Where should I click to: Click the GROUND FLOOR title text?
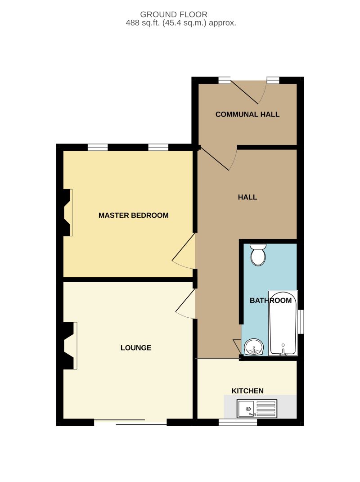(180, 14)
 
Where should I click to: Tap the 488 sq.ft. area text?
(180, 23)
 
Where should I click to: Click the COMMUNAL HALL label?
(247, 114)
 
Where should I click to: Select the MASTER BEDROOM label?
(133, 215)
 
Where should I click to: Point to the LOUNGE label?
(136, 348)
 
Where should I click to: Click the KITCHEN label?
(247, 391)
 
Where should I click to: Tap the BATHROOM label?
(270, 300)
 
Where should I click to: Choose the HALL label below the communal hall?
(247, 197)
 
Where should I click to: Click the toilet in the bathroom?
(258, 254)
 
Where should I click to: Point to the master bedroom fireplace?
(67, 212)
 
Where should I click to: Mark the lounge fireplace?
(69, 346)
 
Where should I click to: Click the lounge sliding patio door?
(130, 422)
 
